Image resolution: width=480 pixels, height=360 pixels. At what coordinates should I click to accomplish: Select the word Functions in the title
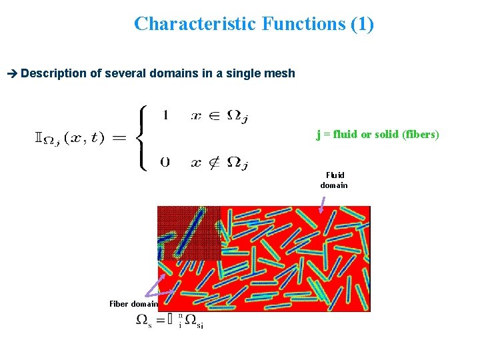point(304,24)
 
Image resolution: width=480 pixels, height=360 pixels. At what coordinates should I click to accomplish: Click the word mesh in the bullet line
point(280,73)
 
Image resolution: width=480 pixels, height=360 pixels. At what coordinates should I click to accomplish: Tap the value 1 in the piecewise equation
point(165,115)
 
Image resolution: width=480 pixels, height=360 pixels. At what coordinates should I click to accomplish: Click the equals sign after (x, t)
point(119,139)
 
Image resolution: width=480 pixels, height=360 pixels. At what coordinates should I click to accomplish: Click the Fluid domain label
point(333,180)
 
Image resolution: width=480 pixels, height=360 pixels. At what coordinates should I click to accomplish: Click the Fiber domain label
point(133,304)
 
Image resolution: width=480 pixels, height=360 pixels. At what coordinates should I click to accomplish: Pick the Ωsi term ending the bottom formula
point(193,321)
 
